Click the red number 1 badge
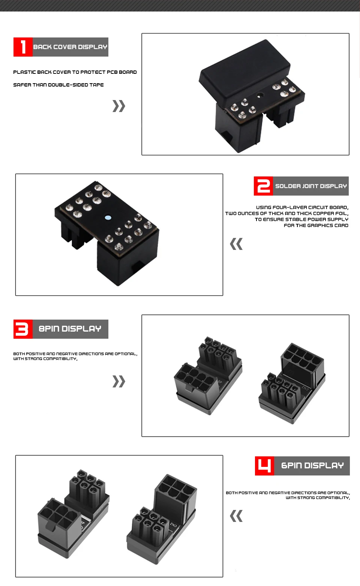[23, 47]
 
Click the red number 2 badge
[263, 186]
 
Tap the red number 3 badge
[23, 329]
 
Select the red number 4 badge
[264, 466]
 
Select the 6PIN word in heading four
[291, 466]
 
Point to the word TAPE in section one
[97, 85]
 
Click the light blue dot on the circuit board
[108, 218]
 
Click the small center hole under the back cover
[259, 96]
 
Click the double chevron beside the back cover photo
[119, 106]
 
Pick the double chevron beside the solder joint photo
[236, 244]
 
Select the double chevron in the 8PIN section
[119, 381]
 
